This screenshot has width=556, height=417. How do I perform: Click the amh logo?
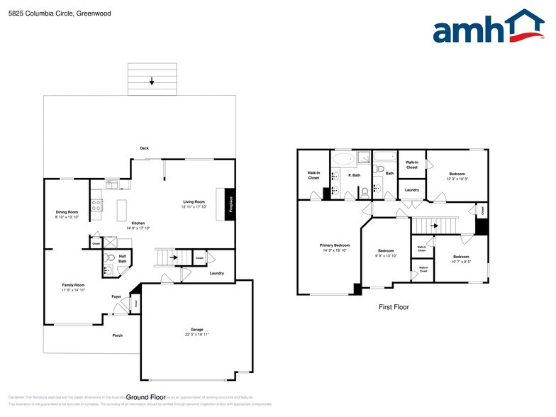point(489,28)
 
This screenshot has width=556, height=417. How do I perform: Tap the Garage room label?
point(197,329)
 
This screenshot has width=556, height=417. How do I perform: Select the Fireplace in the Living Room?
point(230,204)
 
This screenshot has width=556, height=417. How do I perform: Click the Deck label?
point(144,148)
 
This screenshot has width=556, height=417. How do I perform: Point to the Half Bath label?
point(123,259)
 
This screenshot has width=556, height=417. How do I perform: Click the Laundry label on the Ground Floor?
point(217,273)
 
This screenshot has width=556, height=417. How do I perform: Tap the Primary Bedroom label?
point(335,245)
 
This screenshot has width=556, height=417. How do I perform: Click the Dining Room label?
point(67,212)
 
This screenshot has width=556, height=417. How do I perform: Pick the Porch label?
point(118,335)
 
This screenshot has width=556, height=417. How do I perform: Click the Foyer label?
point(116,296)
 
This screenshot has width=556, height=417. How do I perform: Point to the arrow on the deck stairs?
point(152,82)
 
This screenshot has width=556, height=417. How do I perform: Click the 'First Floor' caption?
point(393,307)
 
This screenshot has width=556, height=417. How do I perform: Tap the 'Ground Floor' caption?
point(146,397)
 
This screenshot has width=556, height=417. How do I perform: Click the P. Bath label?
point(355,174)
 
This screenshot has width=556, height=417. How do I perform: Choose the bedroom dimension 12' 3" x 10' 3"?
point(457,179)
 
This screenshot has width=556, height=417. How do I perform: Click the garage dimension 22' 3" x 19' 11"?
point(197,334)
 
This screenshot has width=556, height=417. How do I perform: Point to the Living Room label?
point(194,202)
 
